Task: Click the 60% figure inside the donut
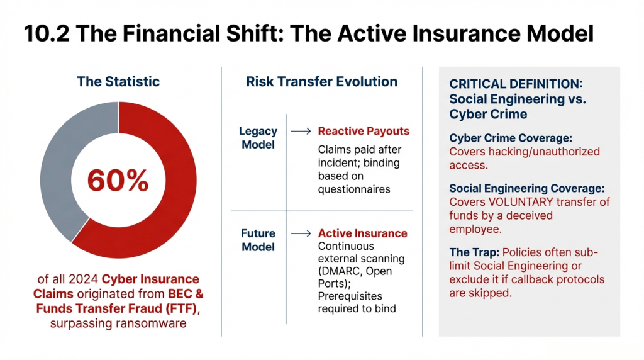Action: tap(118, 181)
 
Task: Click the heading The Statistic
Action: tap(118, 81)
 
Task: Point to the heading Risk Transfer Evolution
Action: tap(321, 81)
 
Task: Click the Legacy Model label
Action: tap(258, 138)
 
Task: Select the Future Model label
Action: tap(258, 240)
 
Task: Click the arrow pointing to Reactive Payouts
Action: tap(301, 131)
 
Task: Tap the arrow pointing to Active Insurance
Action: tap(301, 233)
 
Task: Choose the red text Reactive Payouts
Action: tap(364, 131)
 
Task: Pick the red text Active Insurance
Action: tap(363, 233)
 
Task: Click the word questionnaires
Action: tap(354, 189)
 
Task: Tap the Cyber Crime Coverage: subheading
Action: tap(511, 138)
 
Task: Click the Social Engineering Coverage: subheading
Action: tap(527, 188)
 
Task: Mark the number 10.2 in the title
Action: tap(47, 33)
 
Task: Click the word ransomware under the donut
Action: tap(153, 323)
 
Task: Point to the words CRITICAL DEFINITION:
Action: tap(516, 84)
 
